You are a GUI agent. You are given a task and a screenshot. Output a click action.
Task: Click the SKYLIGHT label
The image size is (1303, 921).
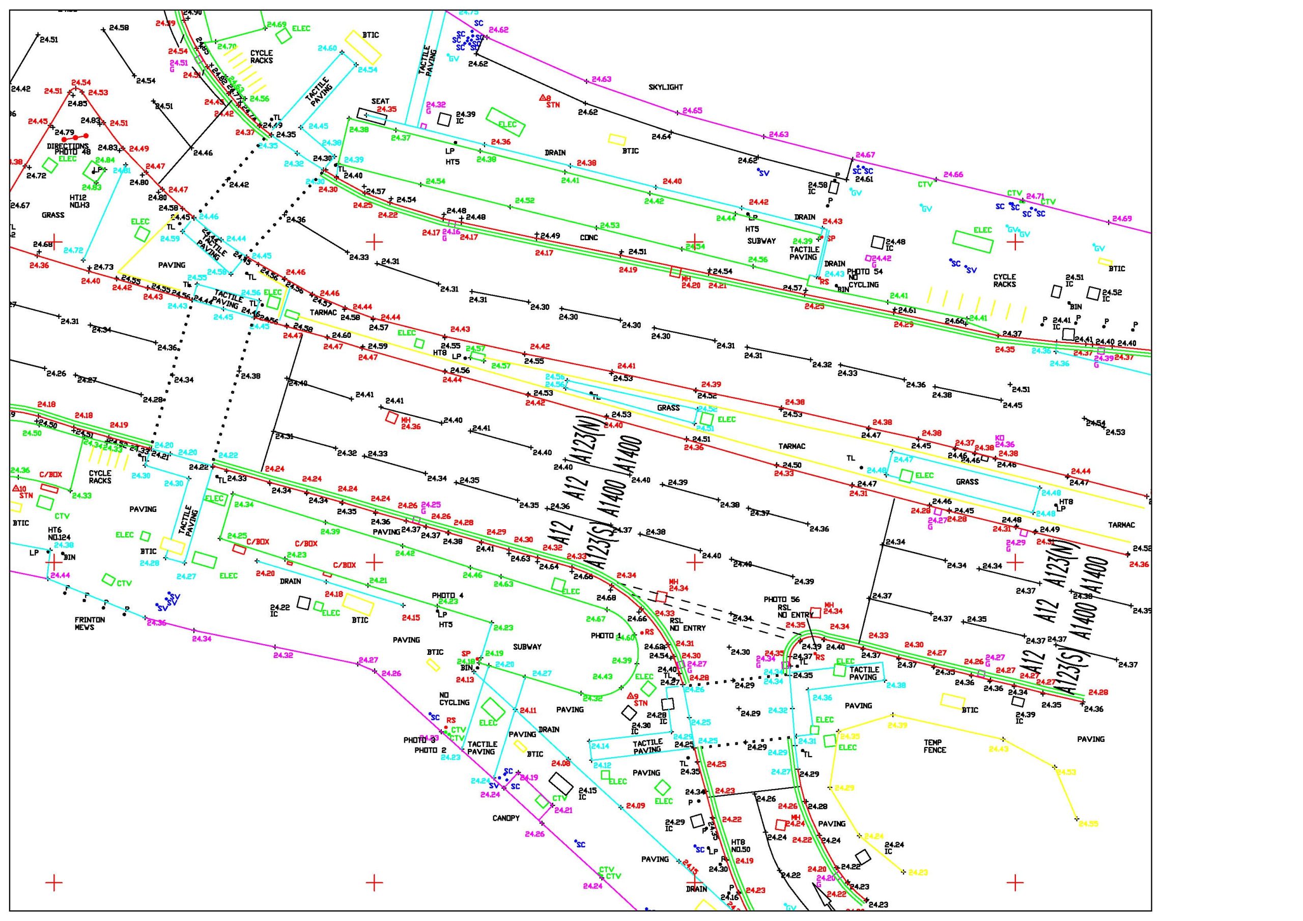666,88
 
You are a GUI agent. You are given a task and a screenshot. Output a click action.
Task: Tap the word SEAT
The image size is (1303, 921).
380,102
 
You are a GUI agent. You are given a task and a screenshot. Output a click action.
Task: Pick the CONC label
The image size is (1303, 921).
589,238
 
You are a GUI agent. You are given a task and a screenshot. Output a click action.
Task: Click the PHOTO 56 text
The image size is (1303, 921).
781,599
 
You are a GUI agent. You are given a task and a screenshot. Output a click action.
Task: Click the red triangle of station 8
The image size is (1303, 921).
543,98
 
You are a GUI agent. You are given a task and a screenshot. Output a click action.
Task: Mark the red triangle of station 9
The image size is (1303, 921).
630,696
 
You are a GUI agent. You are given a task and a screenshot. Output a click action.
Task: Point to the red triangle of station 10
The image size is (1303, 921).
16,488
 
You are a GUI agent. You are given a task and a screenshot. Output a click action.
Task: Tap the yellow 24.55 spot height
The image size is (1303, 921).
1088,823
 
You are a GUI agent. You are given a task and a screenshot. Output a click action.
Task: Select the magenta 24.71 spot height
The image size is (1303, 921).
1035,196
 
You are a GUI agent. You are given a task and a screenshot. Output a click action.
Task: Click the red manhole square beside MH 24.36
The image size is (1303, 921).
391,417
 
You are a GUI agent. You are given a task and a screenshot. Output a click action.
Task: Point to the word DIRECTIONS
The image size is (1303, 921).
68,147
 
